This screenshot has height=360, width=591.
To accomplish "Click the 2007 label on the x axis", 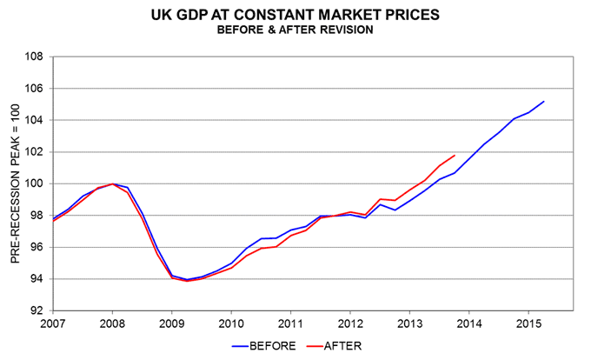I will click(x=53, y=323).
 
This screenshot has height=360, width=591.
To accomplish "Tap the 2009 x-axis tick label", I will click(x=171, y=323).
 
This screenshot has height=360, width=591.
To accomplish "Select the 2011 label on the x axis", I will click(x=290, y=323).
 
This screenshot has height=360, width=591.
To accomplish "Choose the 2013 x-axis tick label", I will click(x=409, y=323).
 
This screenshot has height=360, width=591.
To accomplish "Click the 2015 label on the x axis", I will click(x=528, y=323).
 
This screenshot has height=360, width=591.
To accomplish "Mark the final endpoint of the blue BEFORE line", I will click(x=543, y=102).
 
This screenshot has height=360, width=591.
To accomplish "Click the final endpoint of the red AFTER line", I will click(x=455, y=156).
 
